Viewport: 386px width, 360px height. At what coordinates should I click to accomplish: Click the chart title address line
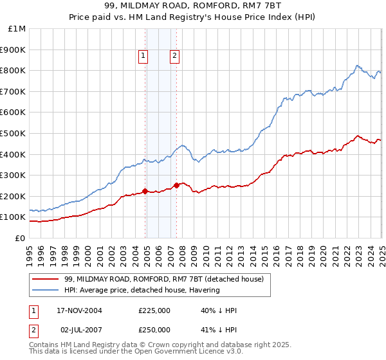(193, 8)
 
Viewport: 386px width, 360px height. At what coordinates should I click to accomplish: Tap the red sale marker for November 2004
(145, 191)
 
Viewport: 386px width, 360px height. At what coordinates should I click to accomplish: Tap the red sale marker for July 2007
(176, 186)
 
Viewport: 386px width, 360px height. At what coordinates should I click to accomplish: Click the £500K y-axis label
(14, 134)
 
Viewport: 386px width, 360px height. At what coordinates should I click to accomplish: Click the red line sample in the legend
(45, 279)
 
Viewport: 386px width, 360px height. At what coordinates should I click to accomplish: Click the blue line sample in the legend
(45, 290)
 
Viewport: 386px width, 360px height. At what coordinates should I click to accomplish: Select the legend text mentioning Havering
(142, 290)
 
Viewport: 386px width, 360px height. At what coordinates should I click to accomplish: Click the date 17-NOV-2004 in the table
(79, 310)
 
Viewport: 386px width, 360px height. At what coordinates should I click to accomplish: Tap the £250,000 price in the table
(154, 330)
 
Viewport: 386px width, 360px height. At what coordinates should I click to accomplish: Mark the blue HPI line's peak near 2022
(358, 65)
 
